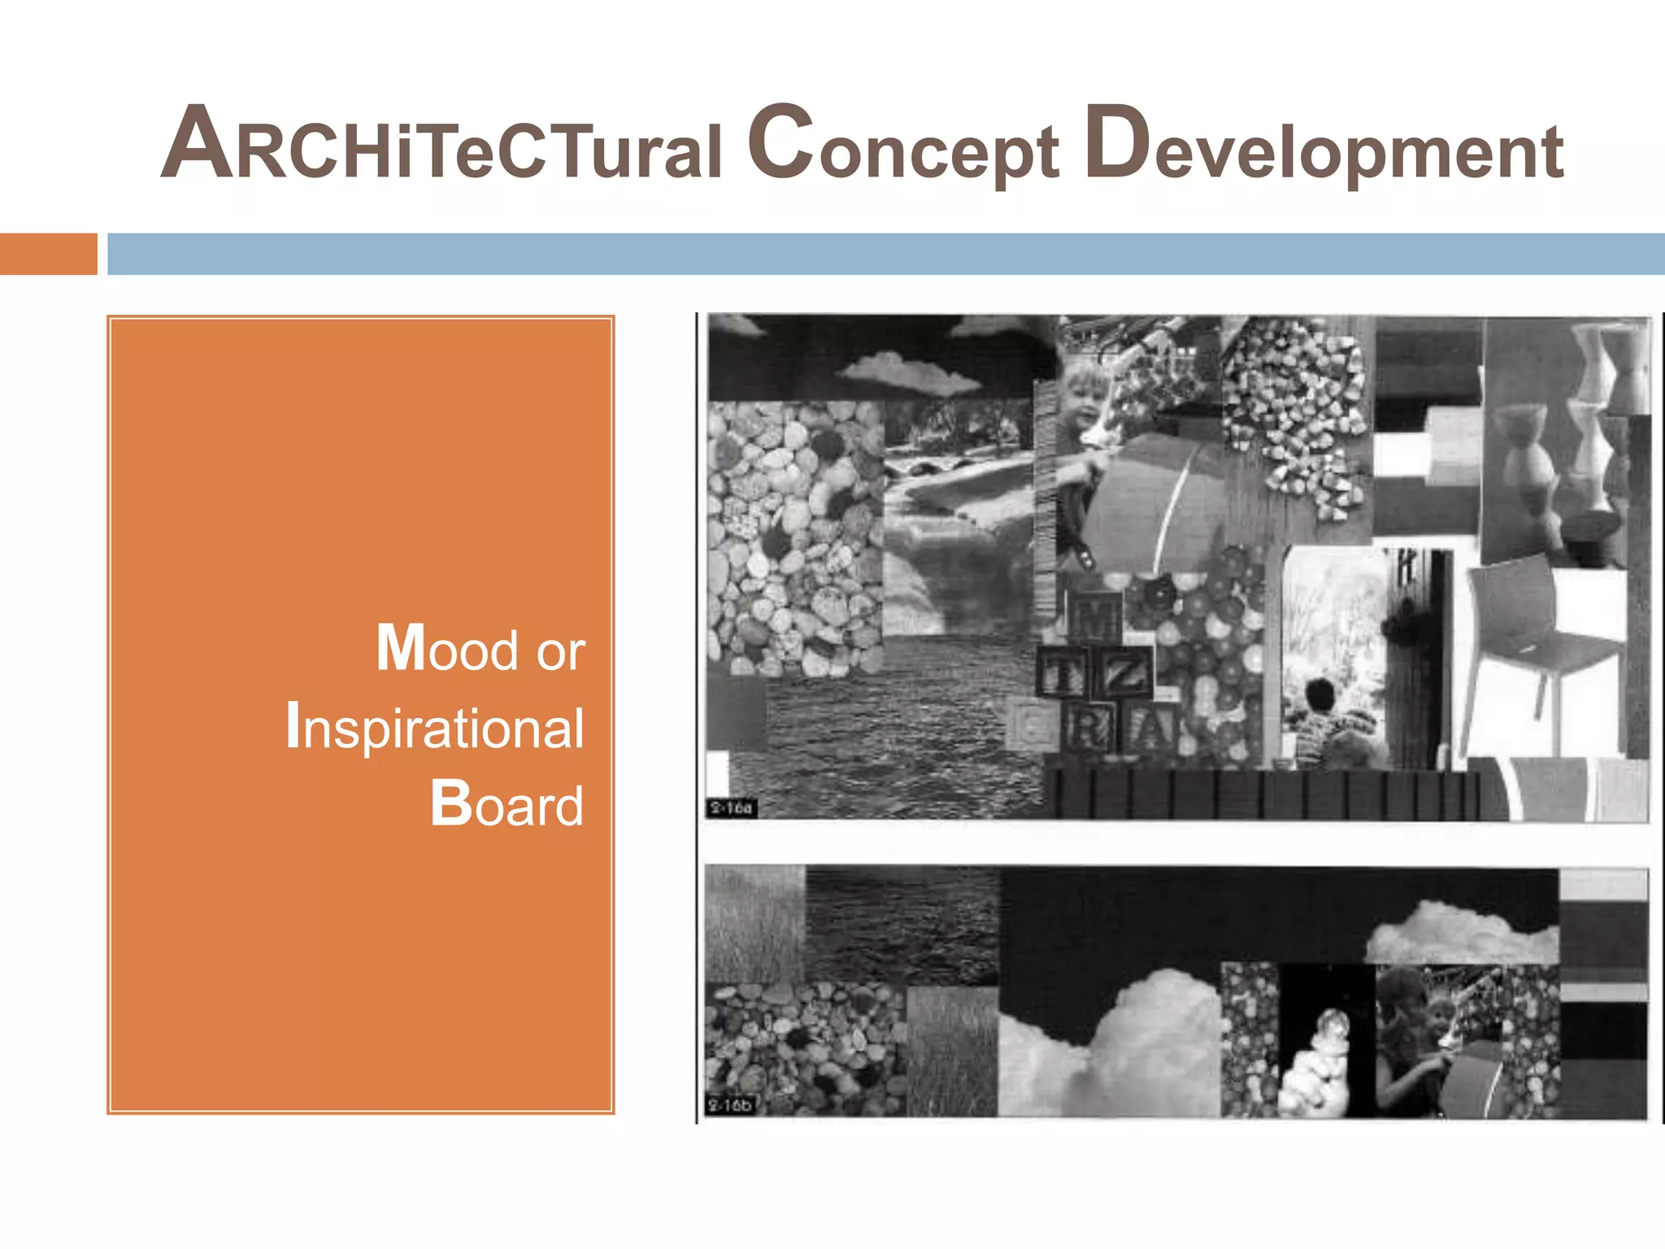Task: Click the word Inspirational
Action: pyautogui.click(x=435, y=726)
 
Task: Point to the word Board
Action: pyautogui.click(x=506, y=804)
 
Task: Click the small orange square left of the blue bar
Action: pyautogui.click(x=48, y=254)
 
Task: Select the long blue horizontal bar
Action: pyautogui.click(x=885, y=254)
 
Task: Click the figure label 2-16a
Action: pyautogui.click(x=731, y=808)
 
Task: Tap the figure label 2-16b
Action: pyautogui.click(x=730, y=1105)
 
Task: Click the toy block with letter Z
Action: pyautogui.click(x=1125, y=672)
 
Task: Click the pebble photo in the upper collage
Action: pyautogui.click(x=793, y=537)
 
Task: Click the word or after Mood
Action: pyautogui.click(x=560, y=651)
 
